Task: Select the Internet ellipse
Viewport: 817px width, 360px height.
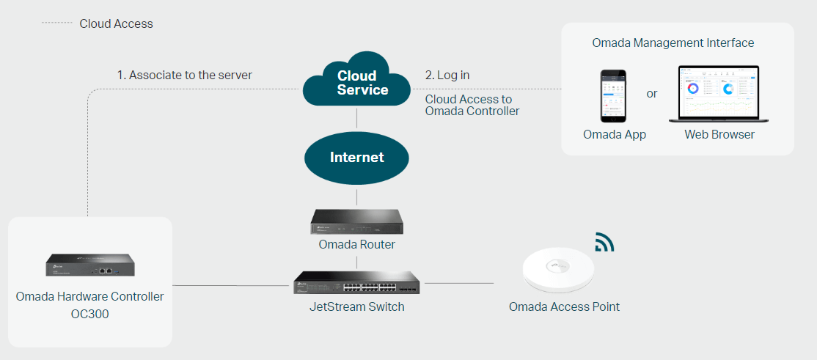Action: click(x=356, y=158)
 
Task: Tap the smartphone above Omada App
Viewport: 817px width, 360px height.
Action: click(x=614, y=96)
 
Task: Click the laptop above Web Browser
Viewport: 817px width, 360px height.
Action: click(x=718, y=95)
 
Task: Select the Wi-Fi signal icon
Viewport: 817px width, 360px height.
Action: click(x=604, y=242)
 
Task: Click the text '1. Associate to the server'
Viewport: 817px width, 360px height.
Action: click(x=185, y=75)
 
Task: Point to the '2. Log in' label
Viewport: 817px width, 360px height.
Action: click(x=447, y=75)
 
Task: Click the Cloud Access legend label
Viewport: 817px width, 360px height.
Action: click(x=116, y=23)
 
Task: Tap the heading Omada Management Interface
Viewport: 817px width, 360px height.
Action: click(x=673, y=43)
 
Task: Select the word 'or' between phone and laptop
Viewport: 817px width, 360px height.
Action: click(x=652, y=94)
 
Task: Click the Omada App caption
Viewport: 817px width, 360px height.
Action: click(x=614, y=135)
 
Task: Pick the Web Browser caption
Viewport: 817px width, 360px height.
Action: click(x=719, y=135)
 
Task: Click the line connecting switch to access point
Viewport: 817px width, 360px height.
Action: click(x=459, y=283)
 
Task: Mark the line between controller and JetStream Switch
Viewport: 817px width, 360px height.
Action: click(x=232, y=285)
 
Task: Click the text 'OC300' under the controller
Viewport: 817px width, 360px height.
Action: click(x=89, y=313)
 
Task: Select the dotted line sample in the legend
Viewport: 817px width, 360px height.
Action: click(x=56, y=23)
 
